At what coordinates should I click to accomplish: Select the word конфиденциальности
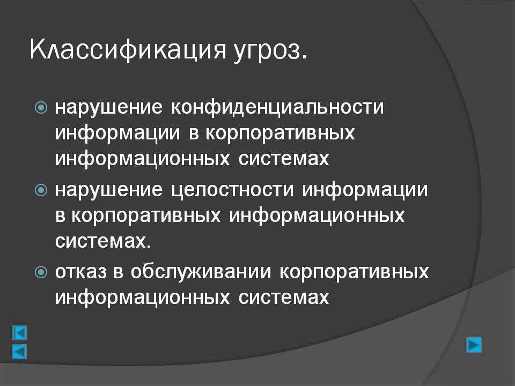[277, 107]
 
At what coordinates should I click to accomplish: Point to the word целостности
[232, 190]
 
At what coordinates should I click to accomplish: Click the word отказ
[81, 271]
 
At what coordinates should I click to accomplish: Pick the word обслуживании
[201, 271]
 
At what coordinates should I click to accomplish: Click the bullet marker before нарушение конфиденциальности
[41, 107]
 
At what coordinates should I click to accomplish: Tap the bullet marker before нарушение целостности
[41, 190]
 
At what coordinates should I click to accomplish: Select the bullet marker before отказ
[41, 272]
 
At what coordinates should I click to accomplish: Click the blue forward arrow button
[474, 345]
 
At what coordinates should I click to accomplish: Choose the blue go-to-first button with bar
[19, 333]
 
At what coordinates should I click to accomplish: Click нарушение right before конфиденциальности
[109, 107]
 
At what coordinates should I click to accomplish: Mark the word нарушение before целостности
[109, 189]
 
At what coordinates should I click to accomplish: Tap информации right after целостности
[365, 190]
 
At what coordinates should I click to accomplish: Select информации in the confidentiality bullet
[117, 133]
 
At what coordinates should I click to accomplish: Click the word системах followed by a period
[103, 241]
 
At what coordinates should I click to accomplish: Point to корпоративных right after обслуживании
[354, 272]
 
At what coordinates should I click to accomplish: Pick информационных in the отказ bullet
[142, 298]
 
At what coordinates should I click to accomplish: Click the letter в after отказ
[119, 272]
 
